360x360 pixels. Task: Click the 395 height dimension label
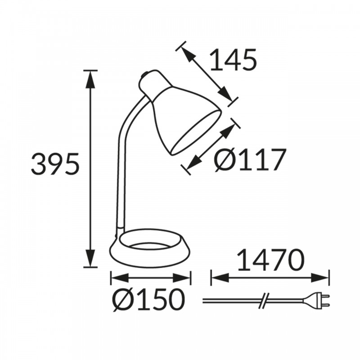pos(55,163)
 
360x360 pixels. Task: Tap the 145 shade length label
pos(233,59)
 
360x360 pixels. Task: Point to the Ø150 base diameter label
pos(148,299)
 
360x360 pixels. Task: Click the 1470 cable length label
pos(270,260)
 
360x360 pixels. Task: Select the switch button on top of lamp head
pos(144,75)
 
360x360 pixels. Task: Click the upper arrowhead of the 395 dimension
pos(90,80)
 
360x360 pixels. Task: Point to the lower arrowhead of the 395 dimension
pos(90,258)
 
